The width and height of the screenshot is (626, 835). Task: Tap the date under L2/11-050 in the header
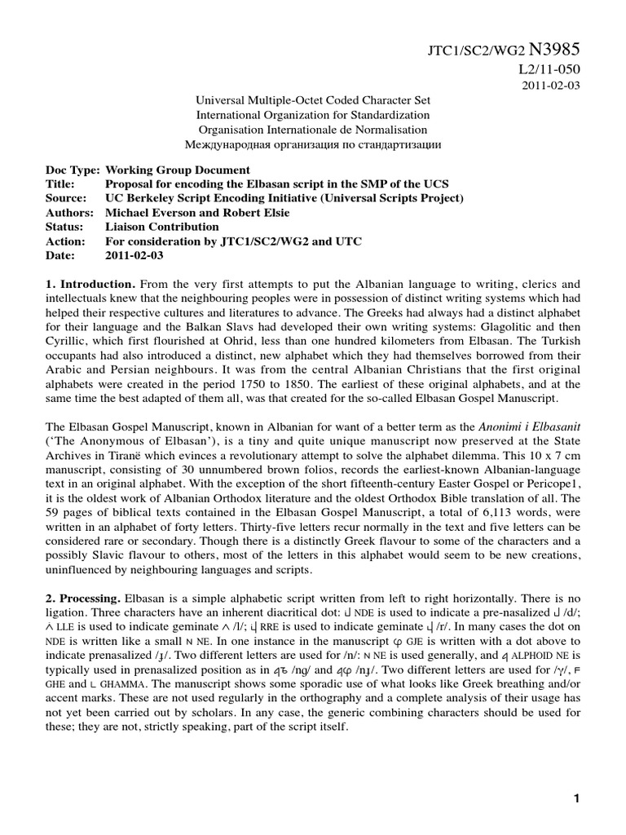[x=552, y=87]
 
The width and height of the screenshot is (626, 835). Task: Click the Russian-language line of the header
[x=313, y=145]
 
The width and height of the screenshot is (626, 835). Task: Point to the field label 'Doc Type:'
[x=73, y=170]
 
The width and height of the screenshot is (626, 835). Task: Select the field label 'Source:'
[x=66, y=198]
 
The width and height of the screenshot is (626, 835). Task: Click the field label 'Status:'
[x=64, y=227]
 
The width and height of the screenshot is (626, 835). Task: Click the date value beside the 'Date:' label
[x=134, y=255]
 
